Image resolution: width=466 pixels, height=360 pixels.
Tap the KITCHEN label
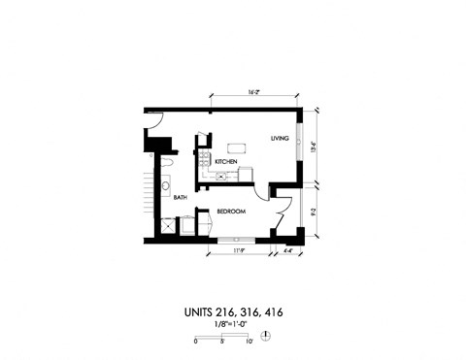pos(226,161)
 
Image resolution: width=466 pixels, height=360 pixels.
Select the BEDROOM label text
pos(230,212)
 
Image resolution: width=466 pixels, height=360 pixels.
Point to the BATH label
pos(180,198)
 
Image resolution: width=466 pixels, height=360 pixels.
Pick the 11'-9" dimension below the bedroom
pos(237,252)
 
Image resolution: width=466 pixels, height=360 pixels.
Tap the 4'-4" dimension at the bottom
pos(287,252)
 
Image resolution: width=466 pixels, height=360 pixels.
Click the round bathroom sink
pos(166,185)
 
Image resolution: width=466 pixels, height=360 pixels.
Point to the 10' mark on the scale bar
pos(250,343)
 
